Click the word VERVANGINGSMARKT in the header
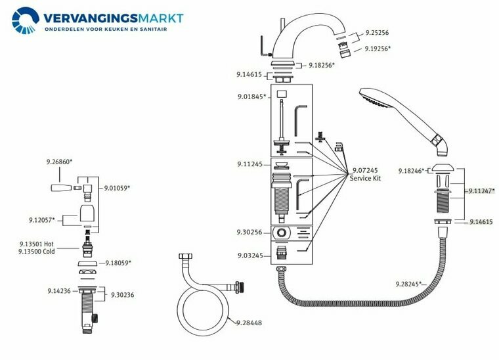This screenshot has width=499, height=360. click(x=114, y=17)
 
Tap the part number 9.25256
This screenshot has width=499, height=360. click(x=376, y=32)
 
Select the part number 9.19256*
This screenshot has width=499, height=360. click(x=377, y=49)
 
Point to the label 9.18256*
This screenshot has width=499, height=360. click(x=320, y=65)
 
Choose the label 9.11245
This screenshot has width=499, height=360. click(x=250, y=164)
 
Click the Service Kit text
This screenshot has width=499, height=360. click(x=365, y=179)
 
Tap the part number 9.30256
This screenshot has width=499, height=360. click(x=249, y=233)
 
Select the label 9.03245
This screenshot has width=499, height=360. click(x=249, y=255)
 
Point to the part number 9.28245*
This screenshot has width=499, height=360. click(x=410, y=284)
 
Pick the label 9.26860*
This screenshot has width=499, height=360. click(x=59, y=162)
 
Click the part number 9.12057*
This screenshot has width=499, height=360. click(x=42, y=219)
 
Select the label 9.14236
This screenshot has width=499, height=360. click(x=60, y=290)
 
